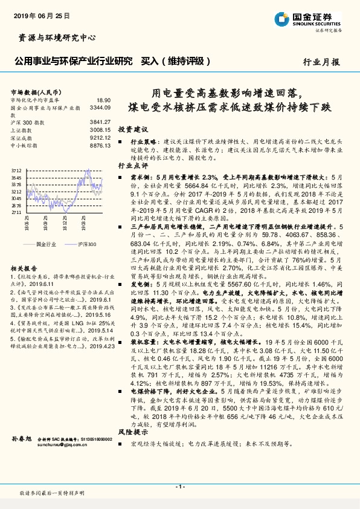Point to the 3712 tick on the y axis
tap(16, 171)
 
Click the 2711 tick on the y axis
tap(16, 213)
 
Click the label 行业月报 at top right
tap(321, 62)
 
